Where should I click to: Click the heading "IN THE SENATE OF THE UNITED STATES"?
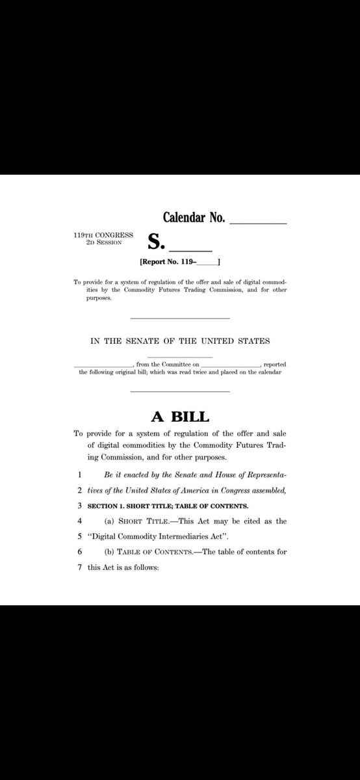coord(180,341)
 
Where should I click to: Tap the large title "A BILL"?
coord(180,415)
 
